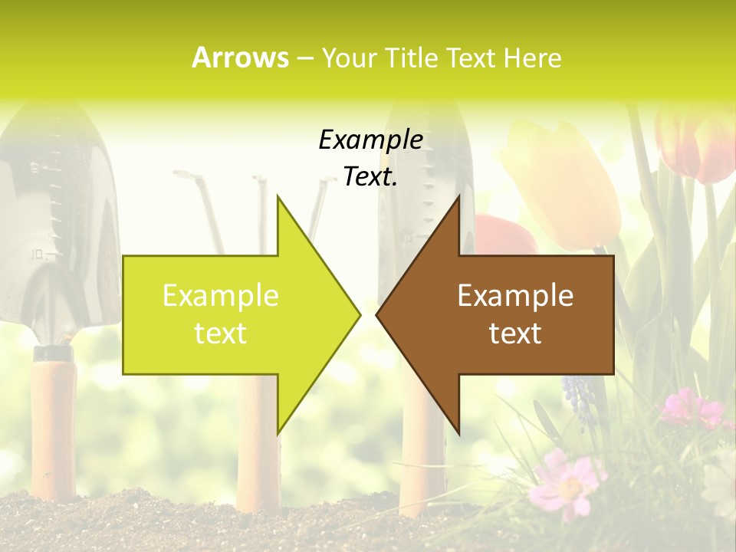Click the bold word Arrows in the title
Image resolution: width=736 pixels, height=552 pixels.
(240, 58)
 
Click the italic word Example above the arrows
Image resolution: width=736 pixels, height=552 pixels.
(370, 140)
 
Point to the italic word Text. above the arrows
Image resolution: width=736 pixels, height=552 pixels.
(370, 176)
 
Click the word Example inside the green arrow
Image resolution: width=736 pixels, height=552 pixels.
(221, 295)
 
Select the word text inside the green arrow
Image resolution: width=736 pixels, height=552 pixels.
(221, 333)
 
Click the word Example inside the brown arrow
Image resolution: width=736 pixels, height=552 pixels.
(515, 295)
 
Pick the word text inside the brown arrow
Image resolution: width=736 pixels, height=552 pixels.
(515, 333)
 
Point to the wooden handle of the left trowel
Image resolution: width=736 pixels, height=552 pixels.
(54, 429)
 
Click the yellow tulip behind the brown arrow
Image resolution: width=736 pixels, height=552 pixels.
(563, 184)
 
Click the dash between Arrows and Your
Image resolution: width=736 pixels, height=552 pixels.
(304, 59)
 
